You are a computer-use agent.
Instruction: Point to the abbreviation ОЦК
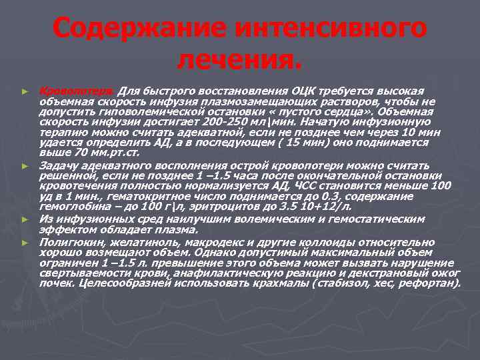(x=304, y=91)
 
